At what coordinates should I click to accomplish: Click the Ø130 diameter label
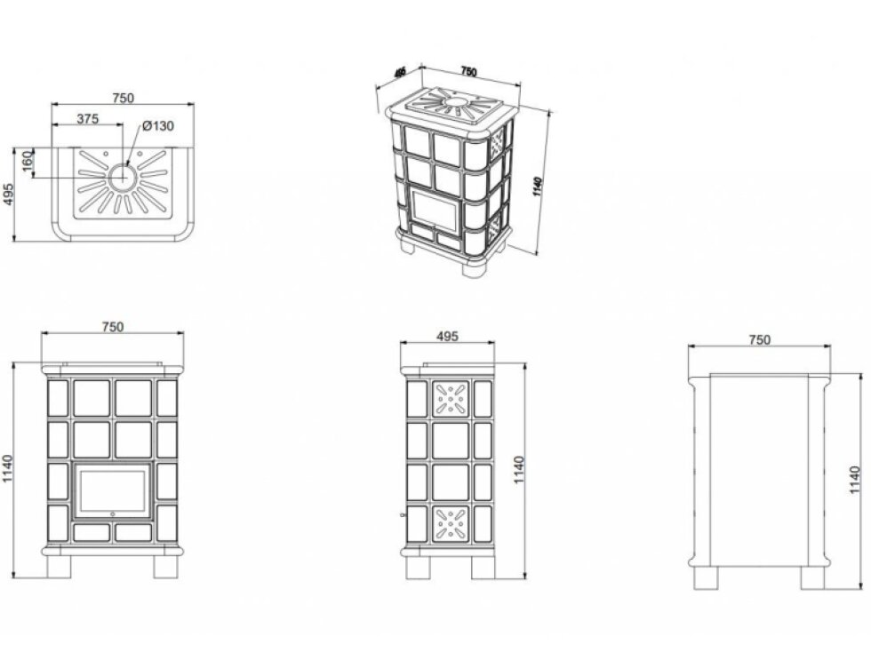[x=158, y=126]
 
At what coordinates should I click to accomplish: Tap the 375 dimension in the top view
[x=88, y=119]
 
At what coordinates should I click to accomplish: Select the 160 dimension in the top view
[x=28, y=161]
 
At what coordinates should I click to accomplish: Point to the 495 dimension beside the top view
[x=8, y=195]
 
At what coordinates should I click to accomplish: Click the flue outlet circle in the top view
[x=122, y=178]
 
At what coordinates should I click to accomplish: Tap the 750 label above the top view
[x=123, y=98]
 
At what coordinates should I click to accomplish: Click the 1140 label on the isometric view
[x=537, y=187]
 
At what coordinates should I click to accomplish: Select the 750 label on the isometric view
[x=469, y=72]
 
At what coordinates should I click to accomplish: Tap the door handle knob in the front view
[x=113, y=514]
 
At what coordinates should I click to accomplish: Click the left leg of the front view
[x=59, y=567]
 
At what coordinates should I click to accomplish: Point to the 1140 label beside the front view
[x=7, y=469]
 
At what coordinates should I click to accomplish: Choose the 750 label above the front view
[x=113, y=327]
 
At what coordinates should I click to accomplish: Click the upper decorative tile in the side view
[x=451, y=399]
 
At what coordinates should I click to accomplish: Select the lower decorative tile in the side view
[x=451, y=523]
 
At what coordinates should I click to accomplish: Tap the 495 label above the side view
[x=447, y=337]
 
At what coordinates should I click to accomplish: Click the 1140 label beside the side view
[x=519, y=470]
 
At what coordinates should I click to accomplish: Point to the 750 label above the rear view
[x=759, y=339]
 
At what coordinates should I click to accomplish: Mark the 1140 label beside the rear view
[x=855, y=480]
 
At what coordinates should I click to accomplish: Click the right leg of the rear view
[x=812, y=578]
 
